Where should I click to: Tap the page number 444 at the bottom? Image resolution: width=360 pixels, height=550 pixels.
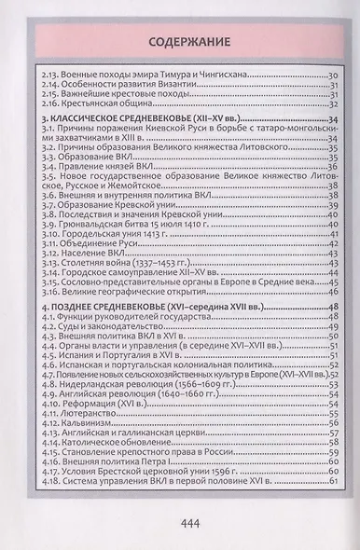pos(191,522)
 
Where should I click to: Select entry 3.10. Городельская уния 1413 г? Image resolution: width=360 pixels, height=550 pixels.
pos(103,233)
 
